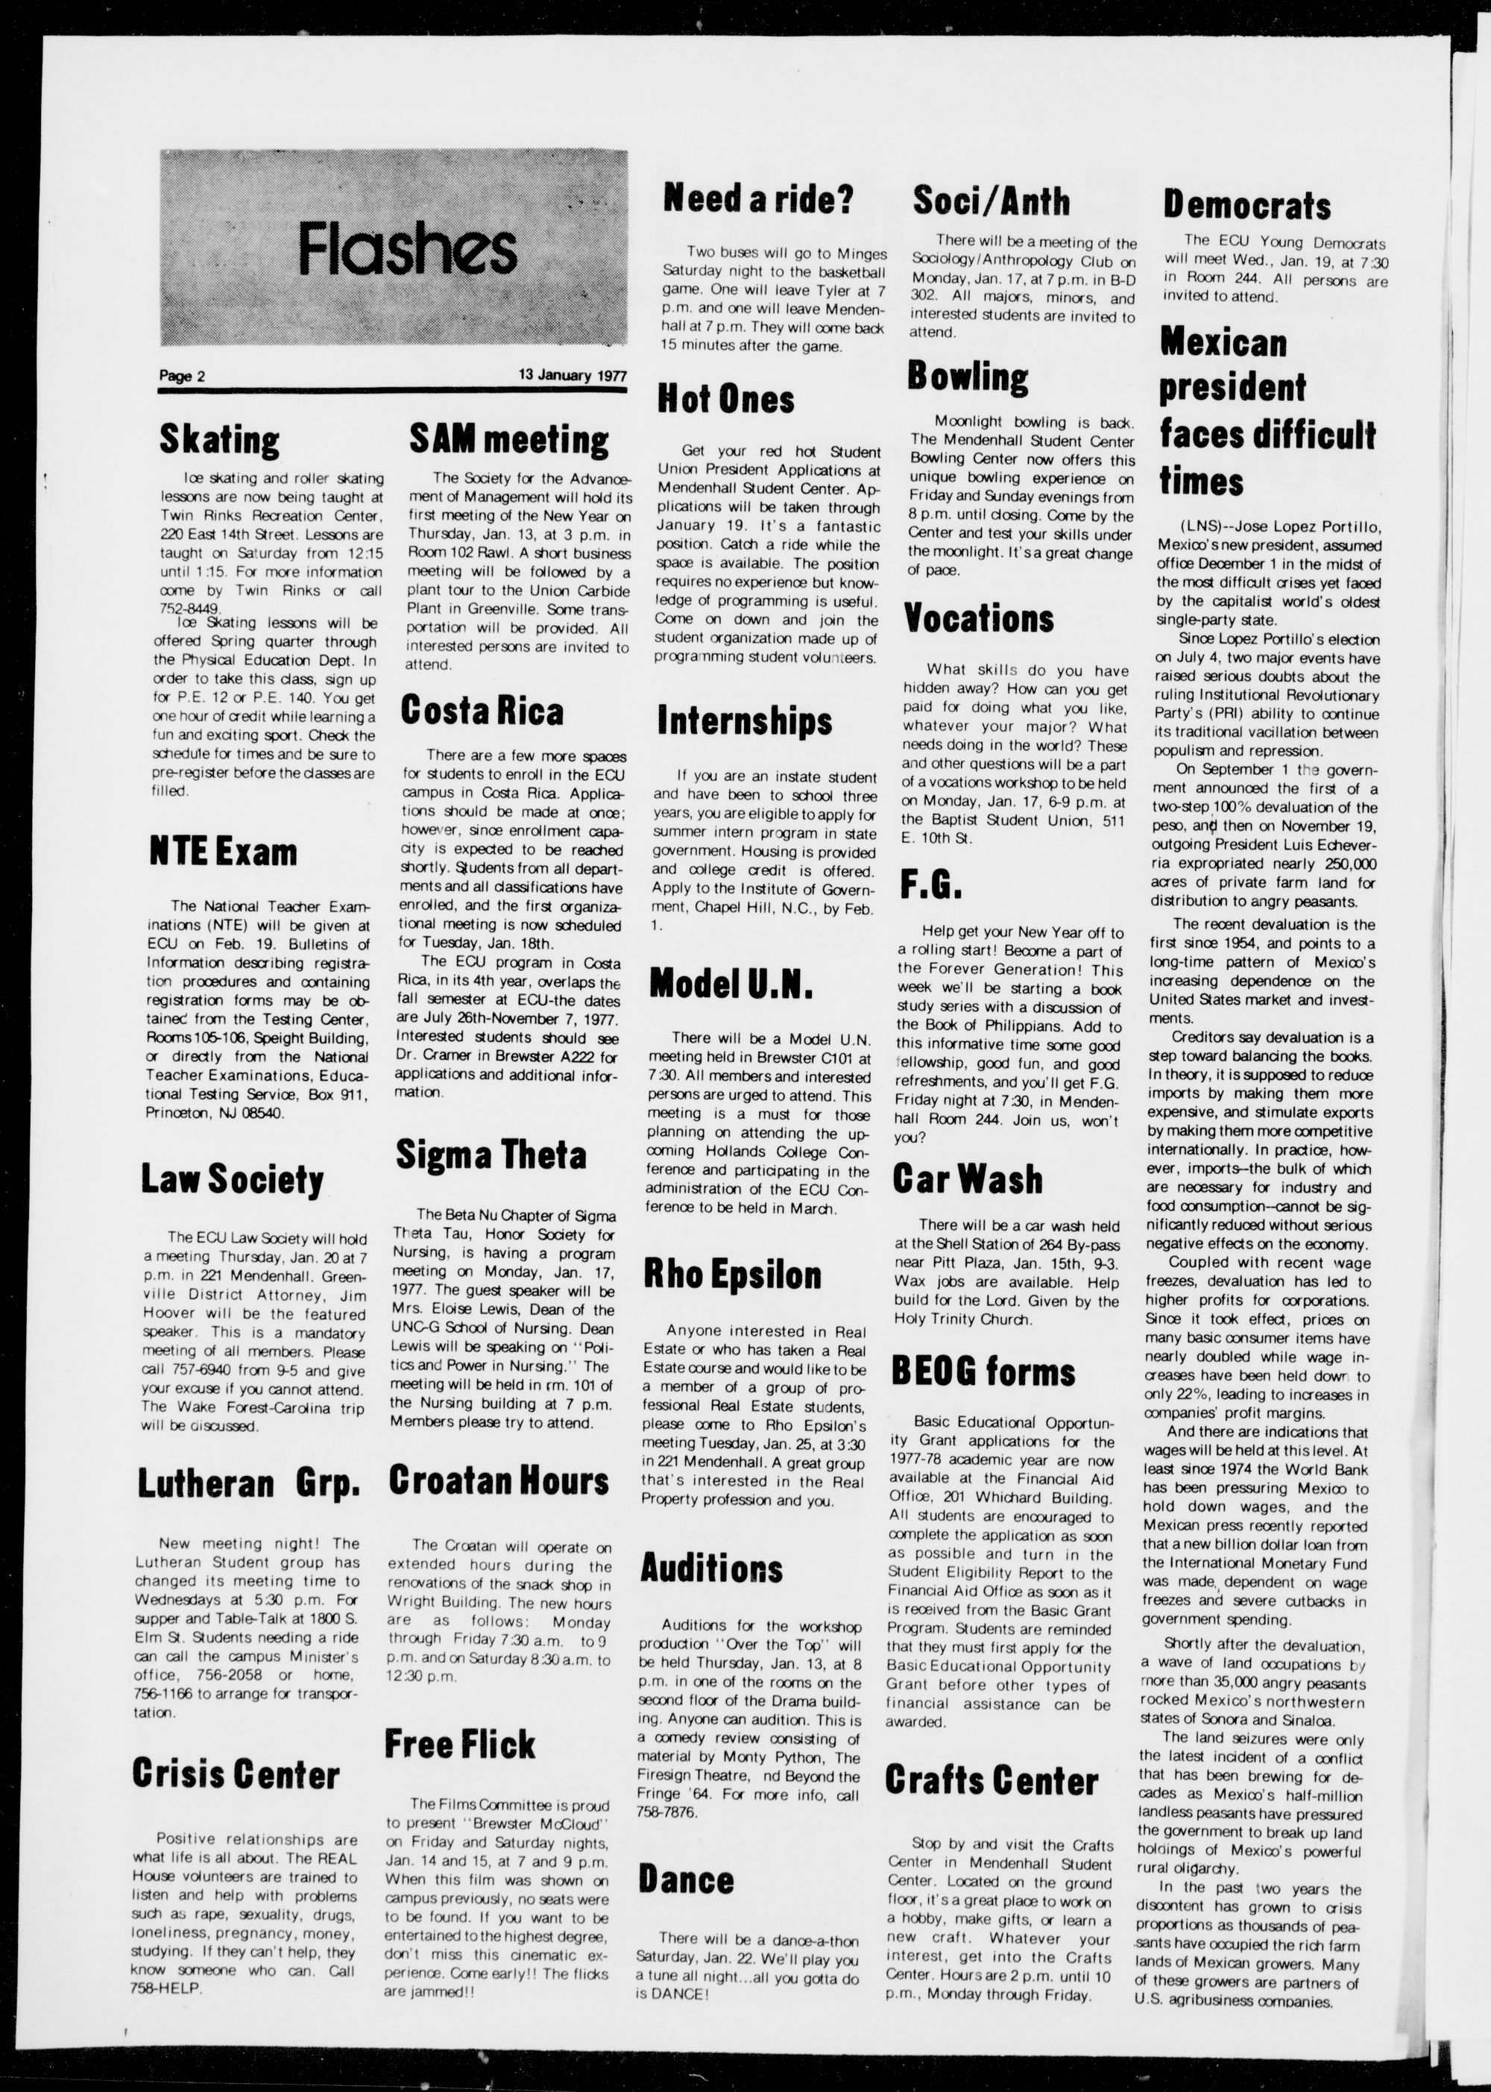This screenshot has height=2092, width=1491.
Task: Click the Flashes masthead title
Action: pyautogui.click(x=407, y=250)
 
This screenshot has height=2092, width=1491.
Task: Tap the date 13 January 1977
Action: pyautogui.click(x=571, y=374)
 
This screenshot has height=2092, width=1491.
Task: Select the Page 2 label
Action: pyautogui.click(x=182, y=376)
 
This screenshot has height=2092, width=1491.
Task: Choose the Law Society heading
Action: pyautogui.click(x=233, y=1178)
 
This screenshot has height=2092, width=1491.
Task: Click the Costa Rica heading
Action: pyautogui.click(x=482, y=711)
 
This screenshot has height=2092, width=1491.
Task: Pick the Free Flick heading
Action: pyautogui.click(x=459, y=1743)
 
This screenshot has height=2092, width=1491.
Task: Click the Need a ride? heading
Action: pyautogui.click(x=758, y=198)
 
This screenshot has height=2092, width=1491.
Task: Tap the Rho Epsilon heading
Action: pyautogui.click(x=732, y=1274)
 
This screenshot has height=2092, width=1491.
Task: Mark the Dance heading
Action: pyautogui.click(x=687, y=1878)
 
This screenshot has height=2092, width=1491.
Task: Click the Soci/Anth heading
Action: pyautogui.click(x=991, y=200)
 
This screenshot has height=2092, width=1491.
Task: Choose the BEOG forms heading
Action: pyautogui.click(x=983, y=1371)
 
